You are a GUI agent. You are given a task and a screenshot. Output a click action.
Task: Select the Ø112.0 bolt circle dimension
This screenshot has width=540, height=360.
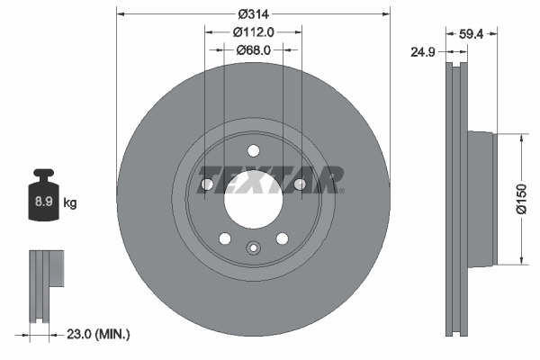point(254,32)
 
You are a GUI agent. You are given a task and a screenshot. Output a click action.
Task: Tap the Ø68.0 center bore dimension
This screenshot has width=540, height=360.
point(255,49)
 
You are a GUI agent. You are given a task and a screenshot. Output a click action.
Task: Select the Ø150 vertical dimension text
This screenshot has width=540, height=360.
point(521,200)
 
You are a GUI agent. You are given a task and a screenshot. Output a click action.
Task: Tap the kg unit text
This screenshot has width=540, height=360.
point(70,203)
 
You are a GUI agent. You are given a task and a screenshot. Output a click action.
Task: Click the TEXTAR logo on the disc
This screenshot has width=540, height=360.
point(270,180)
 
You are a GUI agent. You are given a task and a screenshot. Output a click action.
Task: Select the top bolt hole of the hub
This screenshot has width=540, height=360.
point(254,150)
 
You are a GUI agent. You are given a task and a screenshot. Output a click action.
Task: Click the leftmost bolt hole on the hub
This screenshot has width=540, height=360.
point(206,184)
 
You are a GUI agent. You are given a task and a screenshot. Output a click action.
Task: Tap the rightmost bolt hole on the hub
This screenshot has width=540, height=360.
point(301,184)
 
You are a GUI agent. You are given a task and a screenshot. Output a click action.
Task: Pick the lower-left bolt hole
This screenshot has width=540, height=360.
point(225,238)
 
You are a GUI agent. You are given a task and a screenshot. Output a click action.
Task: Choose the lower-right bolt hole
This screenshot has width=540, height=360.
point(283,238)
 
